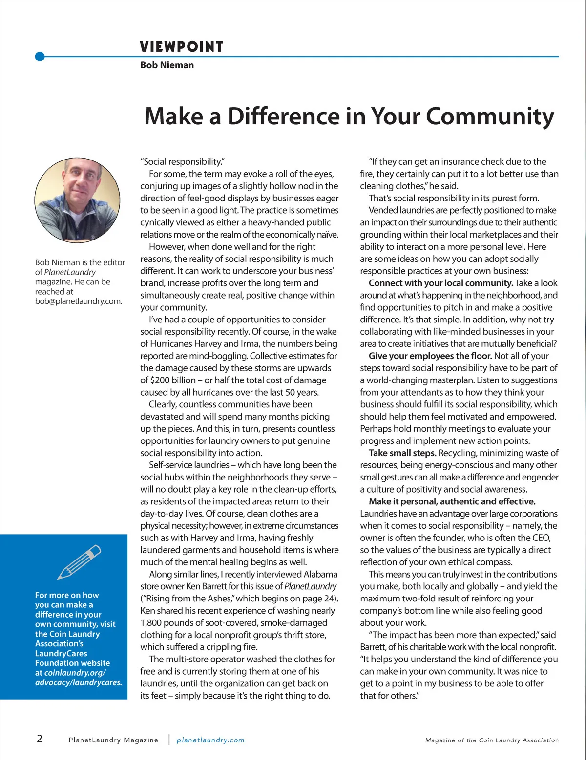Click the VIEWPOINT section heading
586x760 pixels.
[x=181, y=47]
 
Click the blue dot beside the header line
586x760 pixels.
[x=40, y=57]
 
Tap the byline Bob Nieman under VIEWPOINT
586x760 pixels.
[x=167, y=65]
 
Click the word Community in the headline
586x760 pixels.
[x=490, y=117]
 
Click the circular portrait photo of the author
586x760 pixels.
[x=77, y=200]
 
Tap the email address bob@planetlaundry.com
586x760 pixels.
[x=79, y=301]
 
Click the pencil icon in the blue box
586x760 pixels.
[x=79, y=561]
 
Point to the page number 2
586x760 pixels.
[x=40, y=739]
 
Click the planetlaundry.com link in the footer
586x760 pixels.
[x=210, y=740]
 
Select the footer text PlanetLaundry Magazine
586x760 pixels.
[x=114, y=740]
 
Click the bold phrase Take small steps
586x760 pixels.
[x=402, y=453]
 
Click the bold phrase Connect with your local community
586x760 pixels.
[x=440, y=283]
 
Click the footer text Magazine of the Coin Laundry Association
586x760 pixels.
[x=492, y=740]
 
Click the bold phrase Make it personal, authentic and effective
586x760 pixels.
[x=452, y=501]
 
